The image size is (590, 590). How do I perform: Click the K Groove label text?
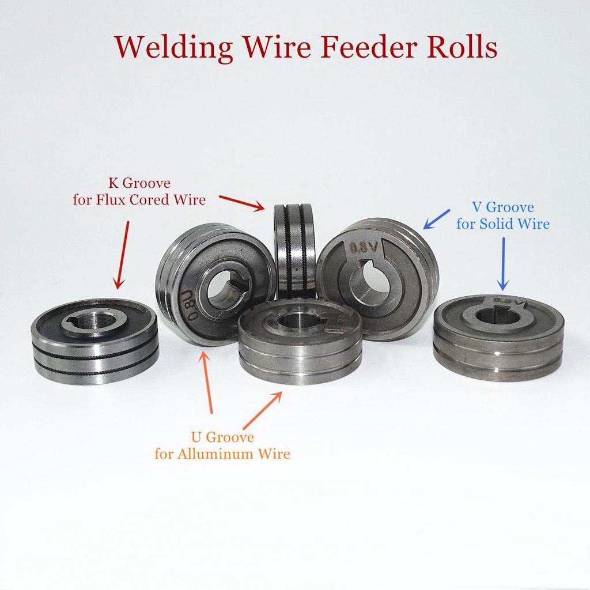click(139, 184)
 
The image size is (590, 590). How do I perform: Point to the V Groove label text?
click(502, 207)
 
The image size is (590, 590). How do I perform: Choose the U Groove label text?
click(222, 437)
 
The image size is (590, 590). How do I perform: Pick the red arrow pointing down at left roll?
click(122, 254)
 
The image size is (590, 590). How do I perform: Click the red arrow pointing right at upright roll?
click(242, 201)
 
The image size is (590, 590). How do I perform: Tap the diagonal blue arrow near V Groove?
click(437, 219)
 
